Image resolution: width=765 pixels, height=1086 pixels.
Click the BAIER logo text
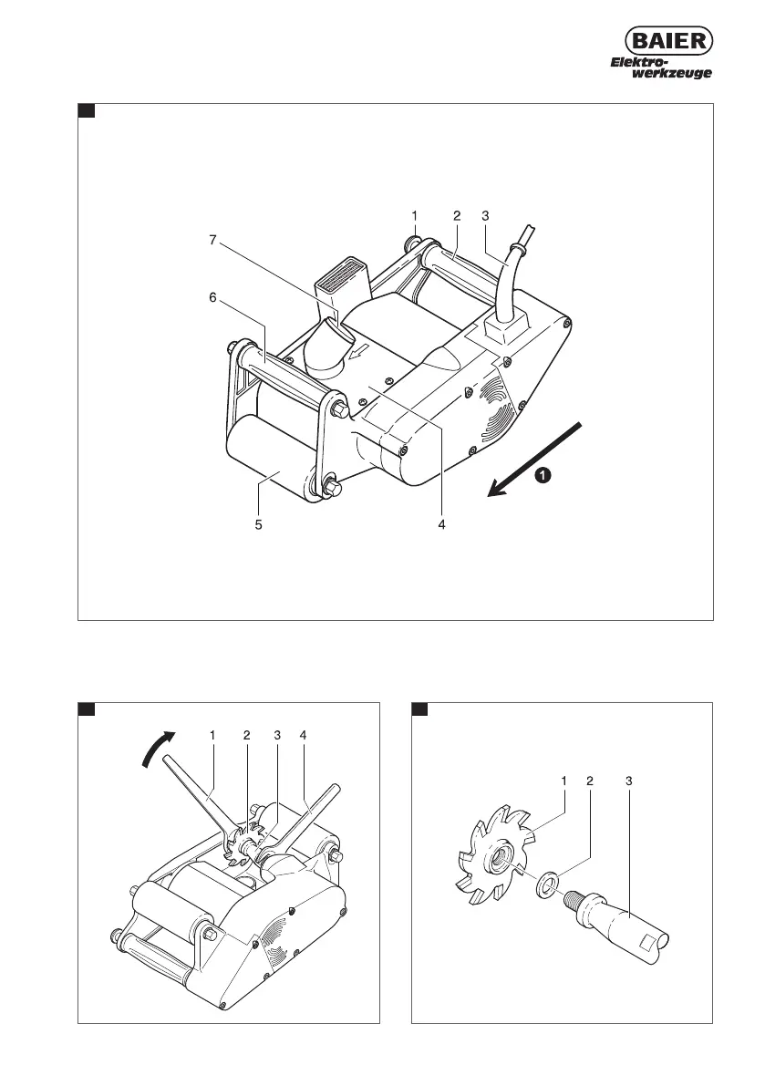(667, 41)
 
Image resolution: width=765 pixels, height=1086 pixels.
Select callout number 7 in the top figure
(212, 241)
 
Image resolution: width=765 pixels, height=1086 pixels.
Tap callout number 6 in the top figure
(212, 298)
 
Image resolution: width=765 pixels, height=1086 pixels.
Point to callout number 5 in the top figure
(259, 525)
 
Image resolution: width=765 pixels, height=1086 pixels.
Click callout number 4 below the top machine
(440, 525)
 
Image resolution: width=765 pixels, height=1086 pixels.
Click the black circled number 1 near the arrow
(542, 475)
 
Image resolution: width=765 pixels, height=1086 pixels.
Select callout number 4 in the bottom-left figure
(304, 735)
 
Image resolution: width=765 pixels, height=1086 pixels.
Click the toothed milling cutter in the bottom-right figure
(491, 856)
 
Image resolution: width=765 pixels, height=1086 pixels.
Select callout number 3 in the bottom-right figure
(629, 781)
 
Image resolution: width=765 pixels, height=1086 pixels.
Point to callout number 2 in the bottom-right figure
(590, 781)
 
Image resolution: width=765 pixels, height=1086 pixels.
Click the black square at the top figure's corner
(87, 111)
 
